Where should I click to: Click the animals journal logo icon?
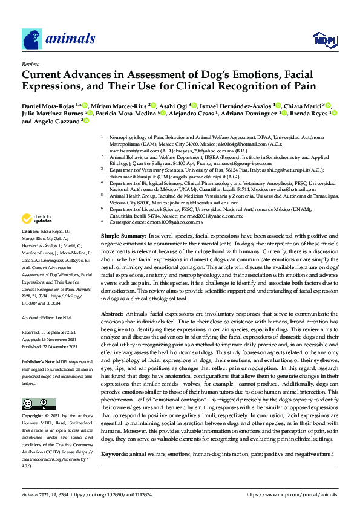(x=31, y=39)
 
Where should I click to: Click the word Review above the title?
(x=29, y=64)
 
